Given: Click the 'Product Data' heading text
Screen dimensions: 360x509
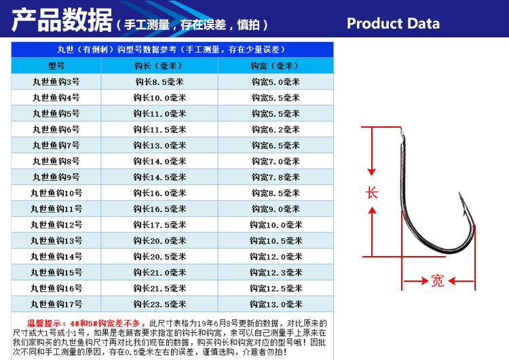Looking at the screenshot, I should pyautogui.click(x=393, y=24).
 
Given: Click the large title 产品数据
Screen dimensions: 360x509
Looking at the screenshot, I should pyautogui.click(x=62, y=22).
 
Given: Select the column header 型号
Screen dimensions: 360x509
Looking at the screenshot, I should pyautogui.click(x=56, y=66).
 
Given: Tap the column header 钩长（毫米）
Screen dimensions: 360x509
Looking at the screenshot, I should pyautogui.click(x=159, y=66).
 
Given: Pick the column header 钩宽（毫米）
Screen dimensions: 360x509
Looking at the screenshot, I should pyautogui.click(x=275, y=66).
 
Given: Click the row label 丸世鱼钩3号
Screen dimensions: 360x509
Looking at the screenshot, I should pyautogui.click(x=56, y=82).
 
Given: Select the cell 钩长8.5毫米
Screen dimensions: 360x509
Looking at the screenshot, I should pyautogui.click(x=159, y=82).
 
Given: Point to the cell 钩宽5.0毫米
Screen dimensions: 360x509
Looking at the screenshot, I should pyautogui.click(x=275, y=82).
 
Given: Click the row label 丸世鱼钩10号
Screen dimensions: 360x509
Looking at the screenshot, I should pyautogui.click(x=56, y=193).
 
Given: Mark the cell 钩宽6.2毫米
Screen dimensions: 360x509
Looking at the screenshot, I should pyautogui.click(x=275, y=129).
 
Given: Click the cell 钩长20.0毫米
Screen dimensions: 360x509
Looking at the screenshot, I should pyautogui.click(x=159, y=240).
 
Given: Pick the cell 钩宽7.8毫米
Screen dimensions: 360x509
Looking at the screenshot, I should pyautogui.click(x=275, y=177).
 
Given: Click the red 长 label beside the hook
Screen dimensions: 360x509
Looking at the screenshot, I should pyautogui.click(x=372, y=192).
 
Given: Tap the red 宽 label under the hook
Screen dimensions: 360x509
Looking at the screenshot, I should pyautogui.click(x=438, y=280).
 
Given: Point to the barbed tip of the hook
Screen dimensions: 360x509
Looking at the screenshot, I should pyautogui.click(x=461, y=198).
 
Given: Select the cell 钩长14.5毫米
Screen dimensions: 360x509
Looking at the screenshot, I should pyautogui.click(x=159, y=177).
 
